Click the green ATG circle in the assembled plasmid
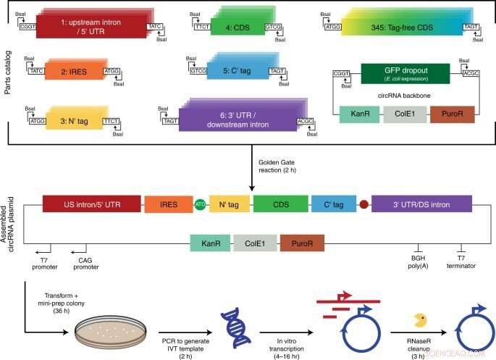click(x=201, y=205)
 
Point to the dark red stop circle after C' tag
click(x=364, y=205)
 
